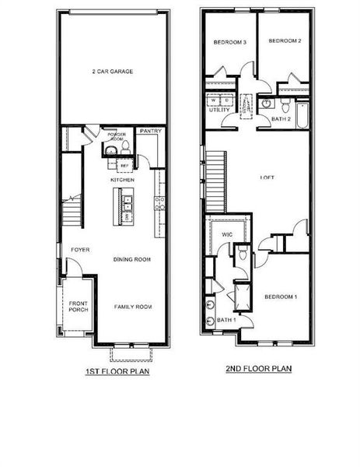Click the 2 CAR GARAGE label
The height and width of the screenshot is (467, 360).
tap(113, 72)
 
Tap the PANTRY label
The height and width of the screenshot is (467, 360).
tap(150, 132)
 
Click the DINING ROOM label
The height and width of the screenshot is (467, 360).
tap(131, 259)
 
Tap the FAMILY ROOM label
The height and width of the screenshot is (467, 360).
tap(132, 307)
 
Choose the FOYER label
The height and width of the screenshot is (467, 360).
tap(80, 250)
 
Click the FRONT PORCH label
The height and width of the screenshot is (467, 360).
tap(79, 307)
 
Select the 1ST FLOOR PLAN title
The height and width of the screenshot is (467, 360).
tap(117, 372)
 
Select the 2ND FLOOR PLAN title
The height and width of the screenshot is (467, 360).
tap(259, 368)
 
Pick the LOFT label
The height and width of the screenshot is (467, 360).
tap(267, 177)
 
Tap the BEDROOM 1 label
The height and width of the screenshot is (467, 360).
tap(280, 297)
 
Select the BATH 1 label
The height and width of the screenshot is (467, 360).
tap(225, 321)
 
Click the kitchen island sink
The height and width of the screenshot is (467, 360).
tap(128, 205)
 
